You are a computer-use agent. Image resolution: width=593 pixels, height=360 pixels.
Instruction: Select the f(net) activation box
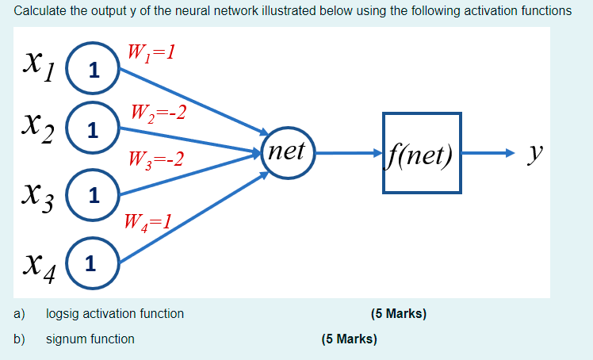[x=422, y=152]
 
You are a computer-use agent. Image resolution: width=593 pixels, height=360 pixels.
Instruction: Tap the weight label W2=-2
[x=159, y=112]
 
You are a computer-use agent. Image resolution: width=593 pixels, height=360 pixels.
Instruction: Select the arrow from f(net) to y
[x=488, y=151]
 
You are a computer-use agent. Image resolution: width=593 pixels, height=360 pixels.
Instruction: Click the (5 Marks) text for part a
[x=398, y=314]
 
